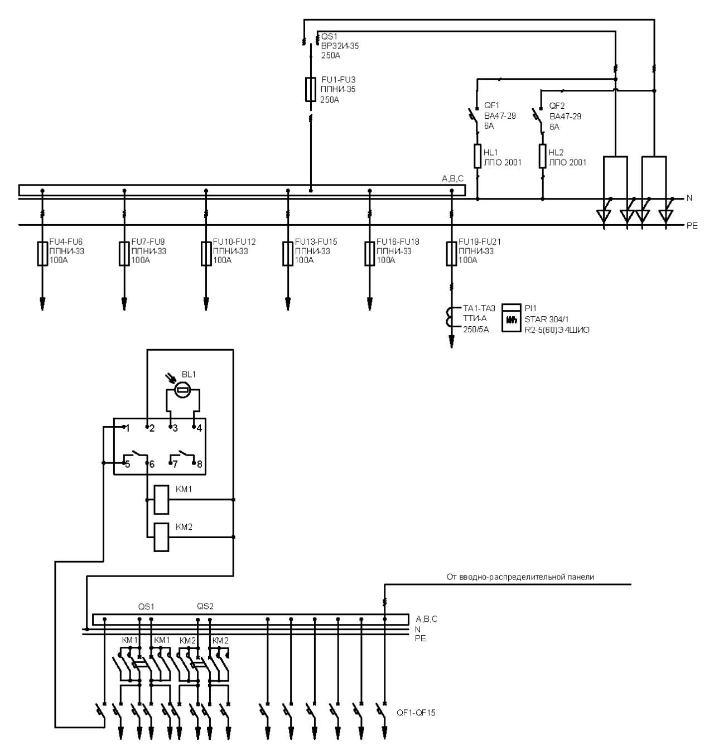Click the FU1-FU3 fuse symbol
[x=310, y=89]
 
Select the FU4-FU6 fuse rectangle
[x=42, y=254]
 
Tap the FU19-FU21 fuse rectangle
[x=451, y=254]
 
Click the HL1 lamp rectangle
[x=477, y=156]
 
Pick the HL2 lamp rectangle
[x=542, y=156]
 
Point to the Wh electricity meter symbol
[x=511, y=318]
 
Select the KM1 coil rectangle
[x=161, y=500]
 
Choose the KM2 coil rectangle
[x=161, y=537]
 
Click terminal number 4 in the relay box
[x=199, y=428]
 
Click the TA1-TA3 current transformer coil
[x=449, y=318]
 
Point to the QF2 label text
[x=557, y=105]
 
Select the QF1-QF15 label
[x=416, y=713]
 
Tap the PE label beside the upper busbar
[x=692, y=226]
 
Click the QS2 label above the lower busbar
[x=205, y=606]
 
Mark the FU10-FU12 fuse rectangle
[x=206, y=254]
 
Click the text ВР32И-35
[x=340, y=46]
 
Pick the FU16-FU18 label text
[x=398, y=241]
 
